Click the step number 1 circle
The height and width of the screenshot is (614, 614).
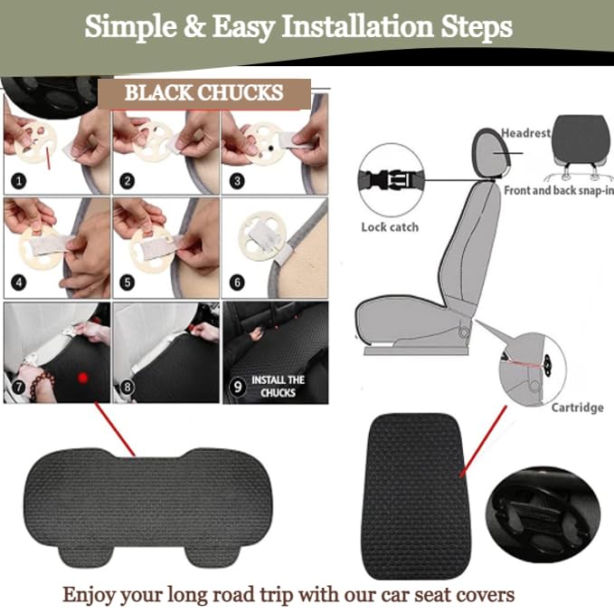tap(19, 181)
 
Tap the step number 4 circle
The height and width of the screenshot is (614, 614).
tap(19, 283)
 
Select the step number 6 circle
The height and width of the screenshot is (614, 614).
tap(237, 283)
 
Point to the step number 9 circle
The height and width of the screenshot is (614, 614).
tap(237, 388)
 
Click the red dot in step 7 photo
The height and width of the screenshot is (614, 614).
tap(82, 378)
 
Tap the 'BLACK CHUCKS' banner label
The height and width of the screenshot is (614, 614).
tap(204, 93)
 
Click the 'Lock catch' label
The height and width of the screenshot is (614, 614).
tap(390, 227)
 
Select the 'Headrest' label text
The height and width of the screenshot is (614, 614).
tap(526, 133)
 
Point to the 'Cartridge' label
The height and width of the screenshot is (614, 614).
tap(577, 408)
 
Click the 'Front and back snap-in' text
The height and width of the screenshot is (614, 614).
tap(559, 190)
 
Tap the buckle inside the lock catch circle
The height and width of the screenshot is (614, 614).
tap(391, 180)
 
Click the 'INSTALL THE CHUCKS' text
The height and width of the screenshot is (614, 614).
tap(278, 386)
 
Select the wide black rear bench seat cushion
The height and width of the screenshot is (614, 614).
tap(148, 506)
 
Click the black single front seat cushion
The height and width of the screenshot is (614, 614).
tap(415, 496)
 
